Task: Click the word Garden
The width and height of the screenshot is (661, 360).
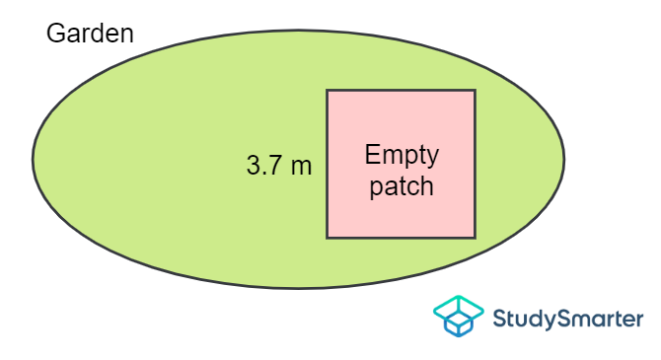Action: click(x=90, y=34)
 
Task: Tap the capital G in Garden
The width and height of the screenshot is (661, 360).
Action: click(x=56, y=34)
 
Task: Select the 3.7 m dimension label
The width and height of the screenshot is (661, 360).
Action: click(x=278, y=166)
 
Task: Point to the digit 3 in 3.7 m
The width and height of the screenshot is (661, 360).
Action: click(x=253, y=166)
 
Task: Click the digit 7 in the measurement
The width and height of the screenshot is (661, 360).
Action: click(x=273, y=166)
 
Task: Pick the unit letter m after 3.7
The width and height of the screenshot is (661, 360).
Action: click(x=301, y=167)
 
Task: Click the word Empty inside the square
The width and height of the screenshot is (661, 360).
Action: click(x=402, y=156)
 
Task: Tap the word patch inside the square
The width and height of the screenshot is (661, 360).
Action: click(x=402, y=186)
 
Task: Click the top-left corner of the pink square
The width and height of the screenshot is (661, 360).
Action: click(x=328, y=91)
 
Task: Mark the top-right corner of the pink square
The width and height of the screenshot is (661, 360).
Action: click(x=475, y=91)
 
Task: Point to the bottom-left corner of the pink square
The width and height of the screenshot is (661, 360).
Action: click(x=328, y=238)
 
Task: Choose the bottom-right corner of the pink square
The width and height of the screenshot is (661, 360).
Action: click(x=475, y=238)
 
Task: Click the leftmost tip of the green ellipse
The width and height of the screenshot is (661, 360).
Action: click(x=33, y=158)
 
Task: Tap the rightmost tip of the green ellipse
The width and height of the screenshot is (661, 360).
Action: click(x=564, y=158)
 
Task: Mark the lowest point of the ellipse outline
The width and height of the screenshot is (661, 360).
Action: click(x=298, y=288)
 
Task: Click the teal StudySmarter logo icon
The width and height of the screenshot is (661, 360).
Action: click(x=458, y=318)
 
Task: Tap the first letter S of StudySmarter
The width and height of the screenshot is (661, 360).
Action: click(x=498, y=319)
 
